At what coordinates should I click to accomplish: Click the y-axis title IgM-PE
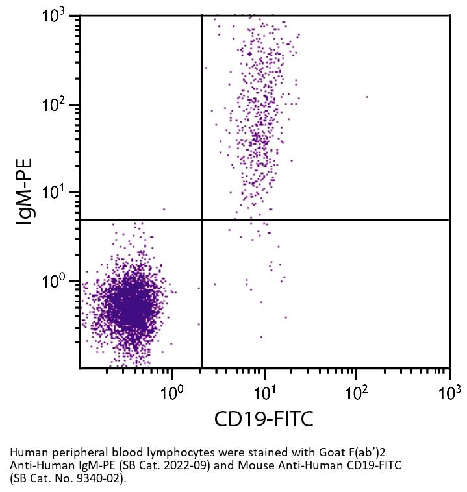pos(25,191)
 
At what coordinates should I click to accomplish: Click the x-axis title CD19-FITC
pos(264,419)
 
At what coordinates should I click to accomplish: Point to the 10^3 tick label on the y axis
pos(58,16)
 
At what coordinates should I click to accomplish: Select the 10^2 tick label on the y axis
pos(58,105)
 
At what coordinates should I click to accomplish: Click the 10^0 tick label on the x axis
pos(172,392)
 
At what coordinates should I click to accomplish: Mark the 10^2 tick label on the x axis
pos(357,392)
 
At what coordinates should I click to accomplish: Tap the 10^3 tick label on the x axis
pos(449,392)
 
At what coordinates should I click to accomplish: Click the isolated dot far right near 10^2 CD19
pos(367,97)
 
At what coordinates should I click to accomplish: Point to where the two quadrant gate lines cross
pos(202,220)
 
